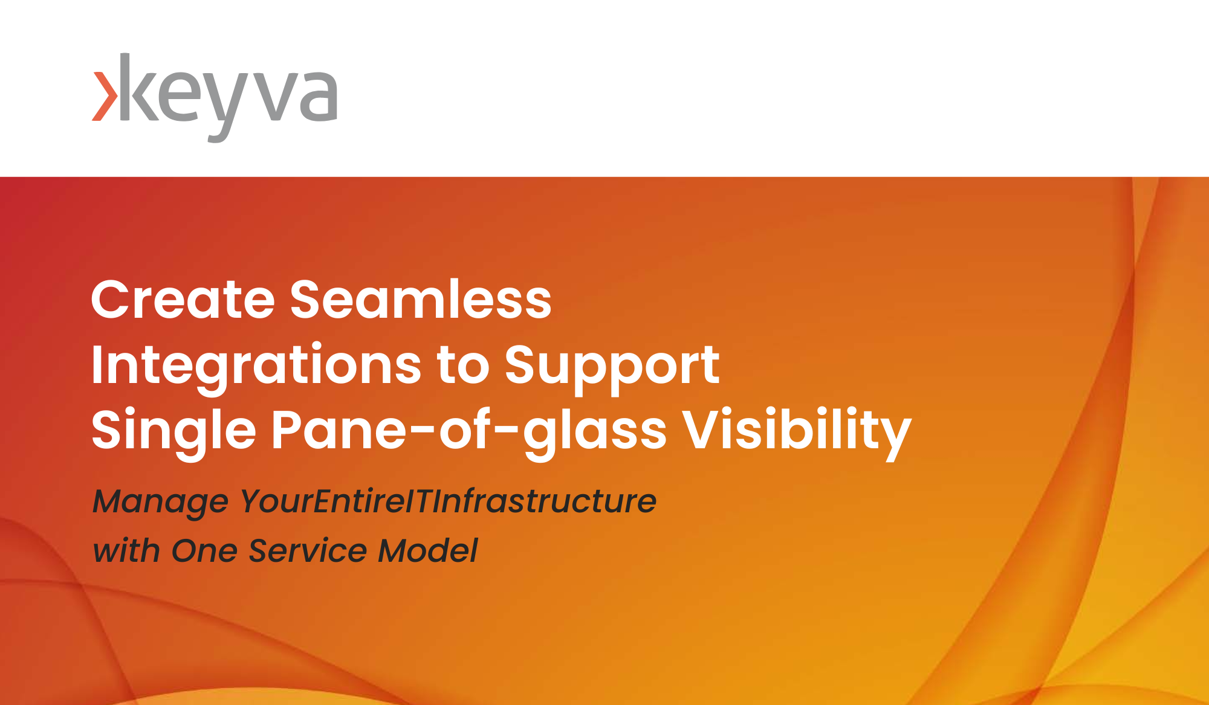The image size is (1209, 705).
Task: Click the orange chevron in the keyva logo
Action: pos(104,97)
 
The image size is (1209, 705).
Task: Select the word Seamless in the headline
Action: pos(421,300)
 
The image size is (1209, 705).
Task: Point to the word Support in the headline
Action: pos(612,365)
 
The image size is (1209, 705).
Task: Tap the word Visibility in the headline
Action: pos(797,431)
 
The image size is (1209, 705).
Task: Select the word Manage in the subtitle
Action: pos(160,502)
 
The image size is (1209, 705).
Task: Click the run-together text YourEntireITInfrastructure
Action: pos(448,501)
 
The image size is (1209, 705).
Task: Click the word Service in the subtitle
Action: pos(308,550)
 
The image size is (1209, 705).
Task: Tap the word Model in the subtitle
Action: pos(427,550)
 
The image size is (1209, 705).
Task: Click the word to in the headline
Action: pos(463,365)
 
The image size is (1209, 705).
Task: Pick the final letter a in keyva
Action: pos(317,97)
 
